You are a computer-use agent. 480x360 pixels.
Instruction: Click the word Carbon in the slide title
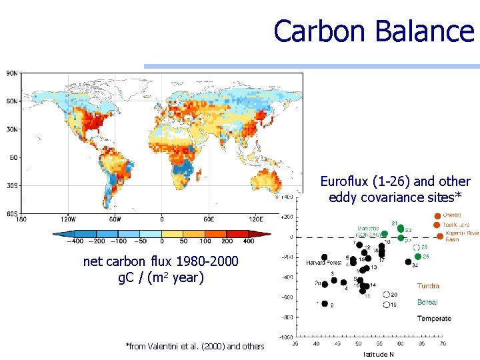coord(315,31)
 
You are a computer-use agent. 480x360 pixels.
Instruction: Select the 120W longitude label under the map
coord(66,219)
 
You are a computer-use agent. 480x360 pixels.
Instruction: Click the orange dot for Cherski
coord(437,215)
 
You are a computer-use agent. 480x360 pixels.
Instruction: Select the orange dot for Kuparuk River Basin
coord(440,236)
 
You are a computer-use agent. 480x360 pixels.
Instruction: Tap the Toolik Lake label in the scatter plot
coord(459,225)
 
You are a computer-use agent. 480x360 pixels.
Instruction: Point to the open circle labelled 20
coord(387,294)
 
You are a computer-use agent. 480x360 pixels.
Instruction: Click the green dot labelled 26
coord(417,256)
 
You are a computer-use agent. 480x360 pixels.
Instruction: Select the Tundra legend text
coord(428,286)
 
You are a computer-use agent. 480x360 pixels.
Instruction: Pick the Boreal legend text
coord(427,302)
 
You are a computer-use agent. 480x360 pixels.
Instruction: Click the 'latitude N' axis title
coord(378,354)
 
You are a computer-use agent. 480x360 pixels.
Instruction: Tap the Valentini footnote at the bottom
coord(195,346)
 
